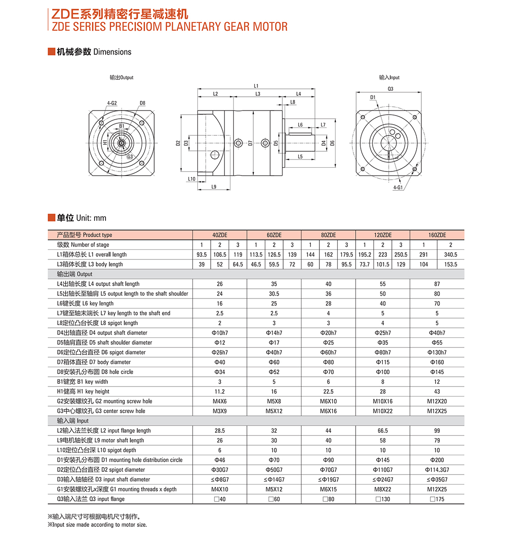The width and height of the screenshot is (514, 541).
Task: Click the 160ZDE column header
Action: (437, 235)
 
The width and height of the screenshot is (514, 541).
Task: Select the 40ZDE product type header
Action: (219, 235)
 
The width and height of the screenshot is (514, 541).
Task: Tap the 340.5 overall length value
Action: (450, 254)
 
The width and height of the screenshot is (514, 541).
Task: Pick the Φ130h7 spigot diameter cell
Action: (437, 353)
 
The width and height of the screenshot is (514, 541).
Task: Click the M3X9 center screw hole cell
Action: (219, 411)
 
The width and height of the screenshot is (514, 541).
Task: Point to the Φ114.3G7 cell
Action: (437, 470)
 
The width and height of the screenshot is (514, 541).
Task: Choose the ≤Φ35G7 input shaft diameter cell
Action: (437, 480)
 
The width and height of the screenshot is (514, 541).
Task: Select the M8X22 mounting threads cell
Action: (383, 489)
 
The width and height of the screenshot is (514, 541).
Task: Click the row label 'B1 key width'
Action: (83, 382)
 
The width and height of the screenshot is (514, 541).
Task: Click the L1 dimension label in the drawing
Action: (256, 86)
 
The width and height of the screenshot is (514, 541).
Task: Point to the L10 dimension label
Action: (191, 179)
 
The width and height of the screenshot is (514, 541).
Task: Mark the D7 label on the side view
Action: (250, 143)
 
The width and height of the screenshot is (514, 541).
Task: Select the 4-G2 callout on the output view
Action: (112, 103)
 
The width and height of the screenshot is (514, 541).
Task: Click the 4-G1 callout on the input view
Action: (397, 188)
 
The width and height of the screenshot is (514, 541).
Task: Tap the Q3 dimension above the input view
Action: (390, 89)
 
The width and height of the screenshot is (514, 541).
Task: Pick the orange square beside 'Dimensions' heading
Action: (51, 51)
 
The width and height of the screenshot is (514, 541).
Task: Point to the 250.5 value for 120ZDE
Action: (401, 254)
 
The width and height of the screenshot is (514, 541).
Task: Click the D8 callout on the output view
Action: (142, 103)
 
